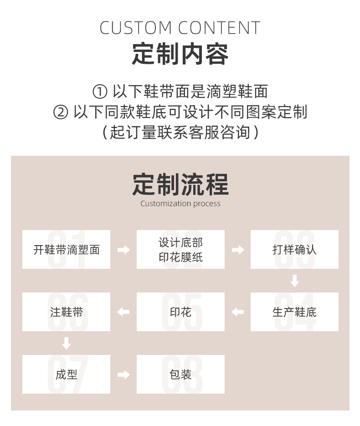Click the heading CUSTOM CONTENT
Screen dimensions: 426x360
(x=180, y=28)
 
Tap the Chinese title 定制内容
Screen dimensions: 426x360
(x=180, y=54)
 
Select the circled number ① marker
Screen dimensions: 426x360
(x=99, y=92)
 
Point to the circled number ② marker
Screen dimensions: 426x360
(x=61, y=112)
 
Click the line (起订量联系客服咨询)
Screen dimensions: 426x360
(x=180, y=132)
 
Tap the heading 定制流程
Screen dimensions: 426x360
(x=180, y=184)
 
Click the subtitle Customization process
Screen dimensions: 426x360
(x=180, y=204)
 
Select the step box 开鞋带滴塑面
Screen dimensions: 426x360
(x=66, y=249)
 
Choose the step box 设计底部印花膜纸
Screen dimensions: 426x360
(x=180, y=249)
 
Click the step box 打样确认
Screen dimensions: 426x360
(x=294, y=249)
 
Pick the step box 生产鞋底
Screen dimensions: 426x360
(x=294, y=312)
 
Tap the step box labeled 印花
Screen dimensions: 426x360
(x=180, y=312)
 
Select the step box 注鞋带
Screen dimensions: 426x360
(x=66, y=312)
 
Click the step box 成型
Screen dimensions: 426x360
(x=66, y=374)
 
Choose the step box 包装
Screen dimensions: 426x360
(x=180, y=374)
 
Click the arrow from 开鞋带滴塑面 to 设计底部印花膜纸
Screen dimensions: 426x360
(x=123, y=250)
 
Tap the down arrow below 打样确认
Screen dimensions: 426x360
(x=294, y=281)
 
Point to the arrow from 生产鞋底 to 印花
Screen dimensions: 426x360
(x=237, y=312)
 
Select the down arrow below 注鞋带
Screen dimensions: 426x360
(x=67, y=343)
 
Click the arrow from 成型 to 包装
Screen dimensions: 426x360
(x=123, y=375)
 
